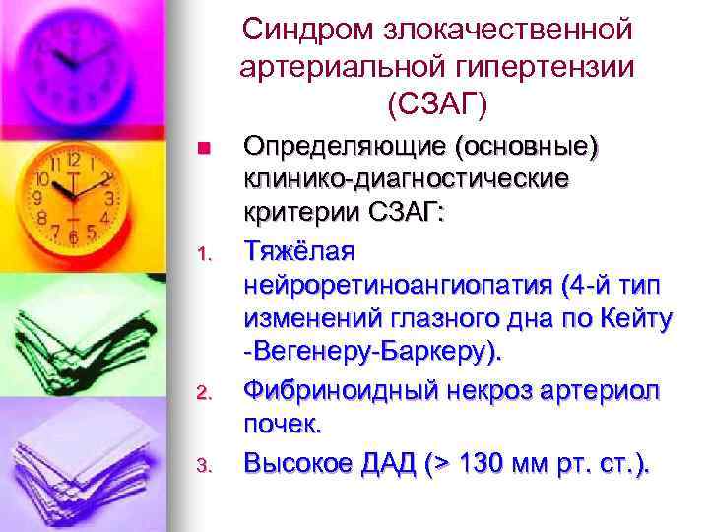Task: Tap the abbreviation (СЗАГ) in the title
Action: click(437, 101)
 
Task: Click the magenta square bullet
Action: click(202, 150)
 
